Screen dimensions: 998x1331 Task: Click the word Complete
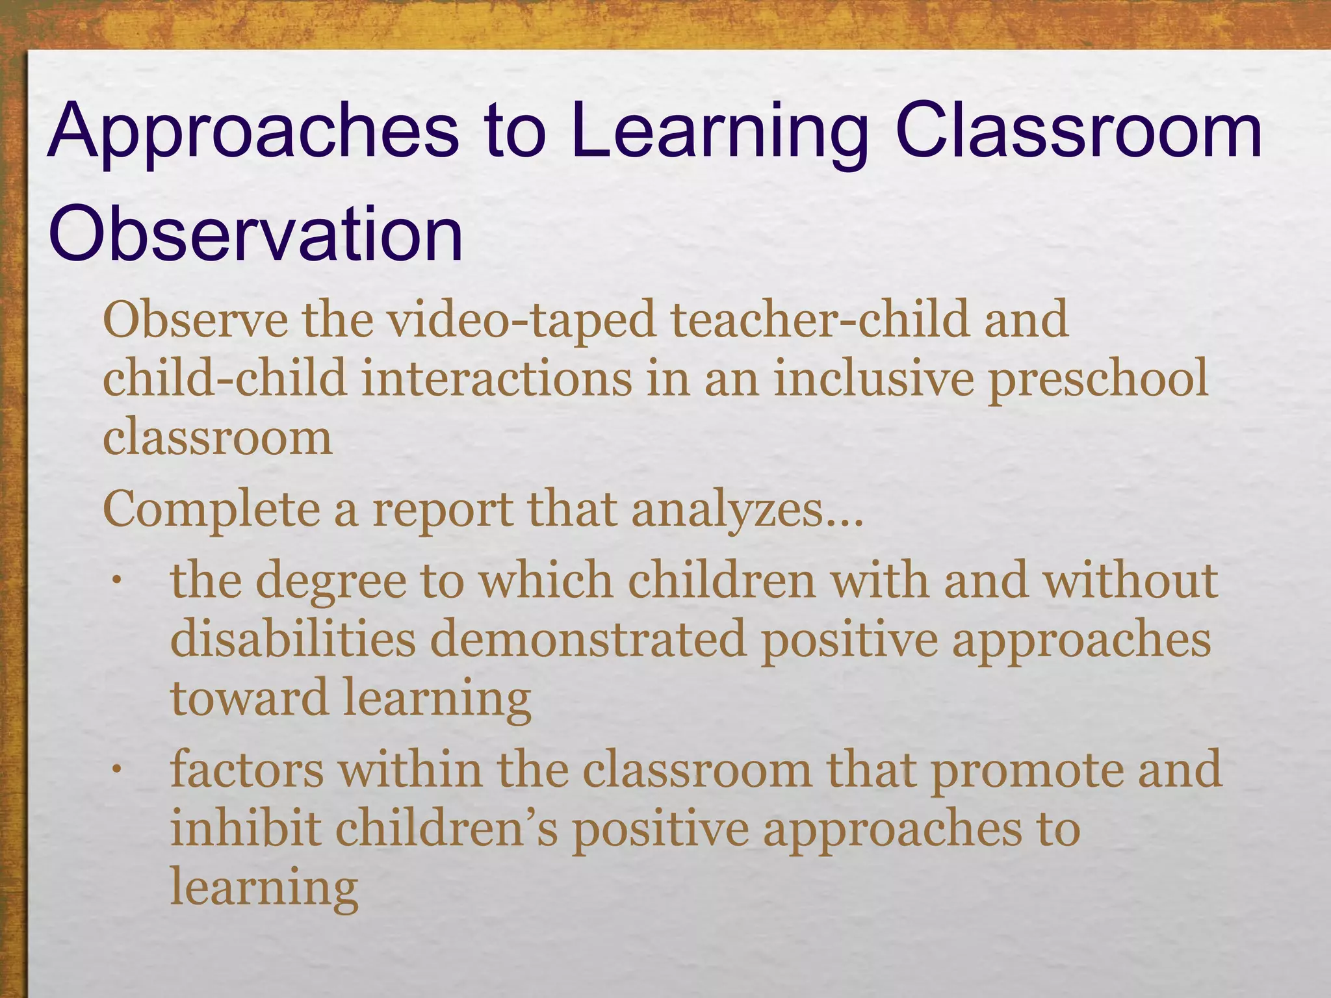(x=211, y=511)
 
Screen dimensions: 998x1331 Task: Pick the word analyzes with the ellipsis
(x=747, y=511)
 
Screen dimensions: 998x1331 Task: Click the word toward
(x=250, y=697)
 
